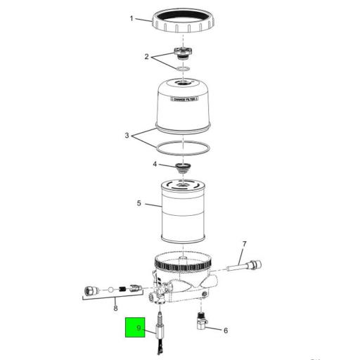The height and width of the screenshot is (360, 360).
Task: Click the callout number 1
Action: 131,18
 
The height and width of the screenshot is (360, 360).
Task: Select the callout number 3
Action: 127,134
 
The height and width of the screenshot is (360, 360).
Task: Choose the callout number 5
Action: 139,204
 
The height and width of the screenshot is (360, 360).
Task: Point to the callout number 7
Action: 244,245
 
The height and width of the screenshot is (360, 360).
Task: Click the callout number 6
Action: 225,330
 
